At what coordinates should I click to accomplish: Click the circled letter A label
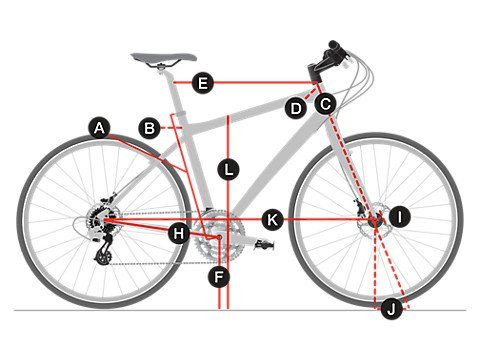click(99, 128)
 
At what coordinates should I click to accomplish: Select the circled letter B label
click(149, 128)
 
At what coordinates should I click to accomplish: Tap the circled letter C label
click(326, 104)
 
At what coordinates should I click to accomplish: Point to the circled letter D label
click(296, 108)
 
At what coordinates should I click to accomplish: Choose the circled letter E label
click(203, 82)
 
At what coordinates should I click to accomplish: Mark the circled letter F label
click(219, 277)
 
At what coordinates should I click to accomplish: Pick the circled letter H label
click(179, 233)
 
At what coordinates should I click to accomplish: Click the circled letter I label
click(400, 217)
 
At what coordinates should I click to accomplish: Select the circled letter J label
click(392, 309)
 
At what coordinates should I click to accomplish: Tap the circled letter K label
click(272, 220)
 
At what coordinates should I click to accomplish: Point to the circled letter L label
click(228, 169)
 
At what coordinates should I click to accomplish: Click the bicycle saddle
click(163, 57)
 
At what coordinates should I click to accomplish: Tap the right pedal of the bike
click(264, 245)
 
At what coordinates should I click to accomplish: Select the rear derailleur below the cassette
click(103, 251)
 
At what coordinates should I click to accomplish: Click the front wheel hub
click(376, 221)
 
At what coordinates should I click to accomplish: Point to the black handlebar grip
click(334, 45)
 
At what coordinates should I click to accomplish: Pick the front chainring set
click(219, 236)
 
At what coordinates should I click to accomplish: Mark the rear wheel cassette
click(98, 220)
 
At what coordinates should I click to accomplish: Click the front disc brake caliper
click(359, 206)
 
